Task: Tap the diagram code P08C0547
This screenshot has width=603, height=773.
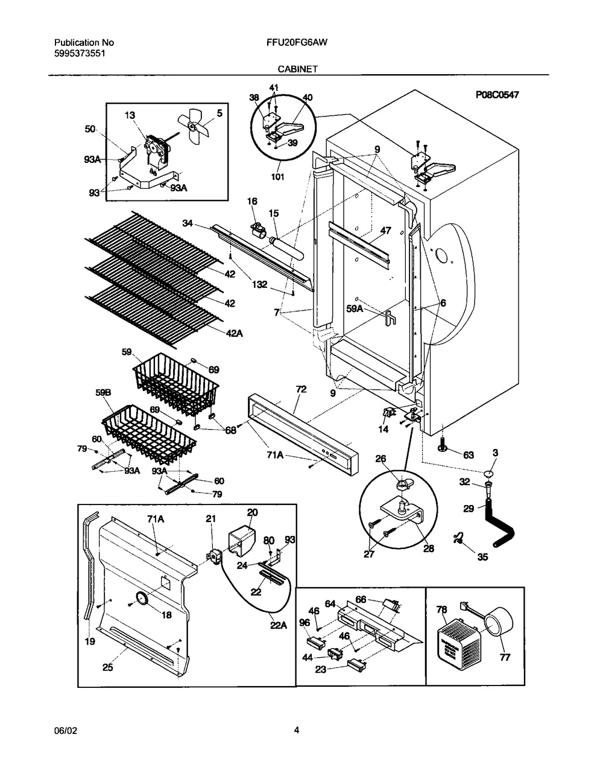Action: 497,95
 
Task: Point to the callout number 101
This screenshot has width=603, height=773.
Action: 277,177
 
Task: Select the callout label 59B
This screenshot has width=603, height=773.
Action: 103,393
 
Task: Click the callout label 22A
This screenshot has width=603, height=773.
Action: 279,625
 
